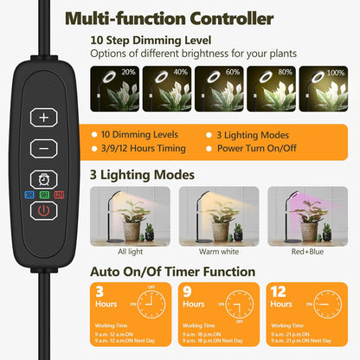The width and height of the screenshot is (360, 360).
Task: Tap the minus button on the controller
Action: point(43,148)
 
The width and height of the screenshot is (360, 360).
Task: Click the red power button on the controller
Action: point(43,209)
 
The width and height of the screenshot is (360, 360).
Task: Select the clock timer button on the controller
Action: point(43,178)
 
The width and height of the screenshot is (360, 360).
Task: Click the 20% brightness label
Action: point(128,72)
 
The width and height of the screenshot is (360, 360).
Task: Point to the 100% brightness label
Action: point(334,72)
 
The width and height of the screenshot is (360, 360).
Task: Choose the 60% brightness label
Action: point(231,72)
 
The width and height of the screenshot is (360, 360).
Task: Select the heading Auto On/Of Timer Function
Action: point(173,271)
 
